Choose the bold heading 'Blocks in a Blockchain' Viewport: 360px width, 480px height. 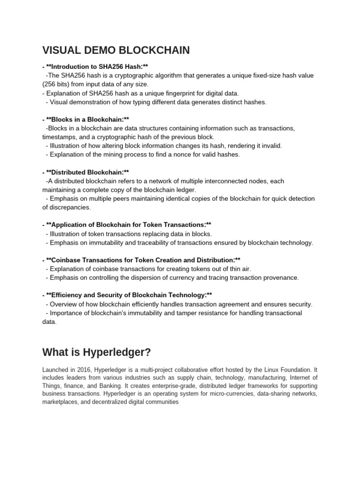[86, 120]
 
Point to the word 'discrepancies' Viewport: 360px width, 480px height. [67, 207]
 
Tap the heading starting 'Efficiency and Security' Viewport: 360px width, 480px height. [129, 295]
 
